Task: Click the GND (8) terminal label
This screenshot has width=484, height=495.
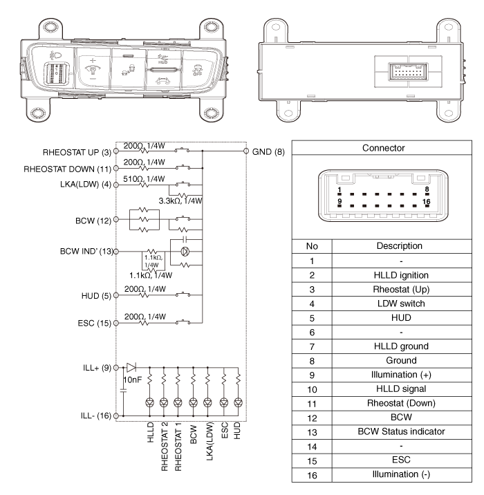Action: click(267, 151)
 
